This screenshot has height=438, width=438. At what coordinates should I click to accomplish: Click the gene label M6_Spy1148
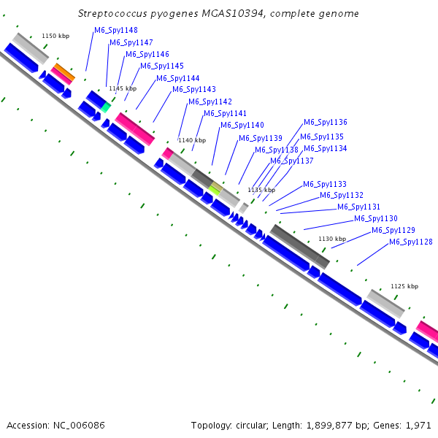pos(116,30)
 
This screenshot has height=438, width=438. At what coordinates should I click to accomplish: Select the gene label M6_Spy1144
pos(178,78)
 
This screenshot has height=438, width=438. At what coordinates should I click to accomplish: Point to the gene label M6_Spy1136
pos(326,123)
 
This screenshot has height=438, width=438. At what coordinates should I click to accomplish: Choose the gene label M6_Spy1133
pos(325,185)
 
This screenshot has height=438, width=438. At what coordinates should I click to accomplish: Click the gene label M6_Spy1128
pos(411,242)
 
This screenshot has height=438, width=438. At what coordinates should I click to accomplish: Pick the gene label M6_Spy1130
pos(376,219)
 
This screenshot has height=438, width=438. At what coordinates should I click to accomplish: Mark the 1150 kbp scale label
pos(55,36)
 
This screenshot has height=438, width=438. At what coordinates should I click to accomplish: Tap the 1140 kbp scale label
pos(192,140)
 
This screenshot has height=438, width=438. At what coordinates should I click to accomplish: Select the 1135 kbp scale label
pos(261,190)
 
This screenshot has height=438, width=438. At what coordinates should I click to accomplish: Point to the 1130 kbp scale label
pos(331,239)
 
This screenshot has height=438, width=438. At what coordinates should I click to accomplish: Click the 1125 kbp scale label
pos(404,287)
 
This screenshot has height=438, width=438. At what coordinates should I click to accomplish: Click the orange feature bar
pos(65,72)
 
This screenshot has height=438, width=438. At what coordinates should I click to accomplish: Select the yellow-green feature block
pos(215,188)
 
